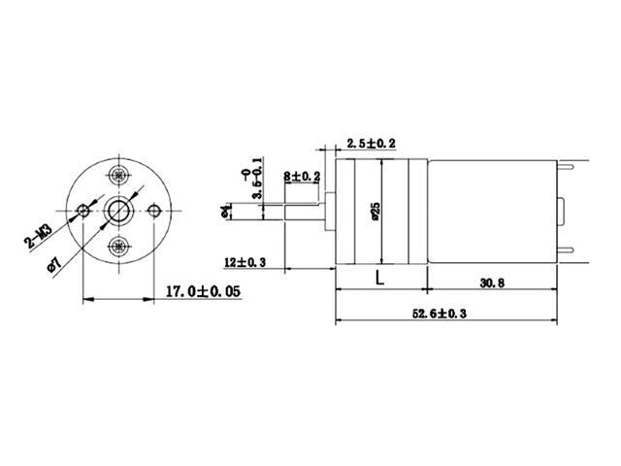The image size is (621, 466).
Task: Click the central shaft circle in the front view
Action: tap(119, 210)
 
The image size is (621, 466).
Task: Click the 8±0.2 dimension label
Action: tap(301, 176)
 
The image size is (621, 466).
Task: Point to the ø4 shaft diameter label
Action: tap(226, 211)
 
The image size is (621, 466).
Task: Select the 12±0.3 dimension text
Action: tap(245, 262)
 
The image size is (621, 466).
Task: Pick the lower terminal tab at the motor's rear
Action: tap(567, 255)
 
